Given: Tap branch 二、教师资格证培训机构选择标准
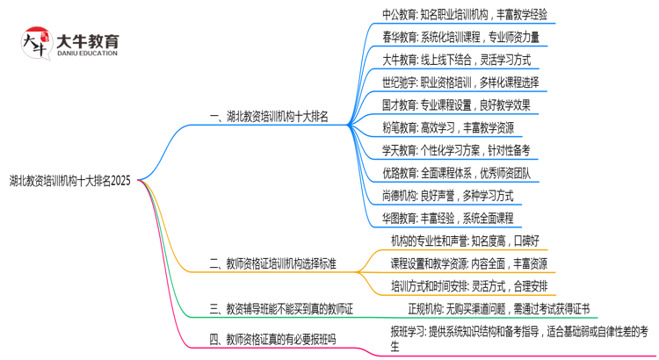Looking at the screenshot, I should (273, 263).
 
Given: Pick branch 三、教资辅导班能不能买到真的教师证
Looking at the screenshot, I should (281, 309).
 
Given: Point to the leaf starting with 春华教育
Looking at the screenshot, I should (461, 37).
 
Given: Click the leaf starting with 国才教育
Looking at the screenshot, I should (456, 105).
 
